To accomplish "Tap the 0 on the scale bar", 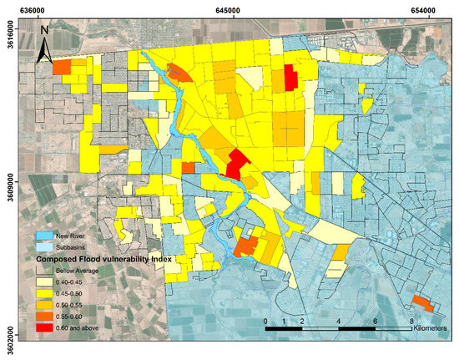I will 265,321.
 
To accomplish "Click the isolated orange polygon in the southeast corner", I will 421,303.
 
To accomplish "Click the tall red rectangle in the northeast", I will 290,79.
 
